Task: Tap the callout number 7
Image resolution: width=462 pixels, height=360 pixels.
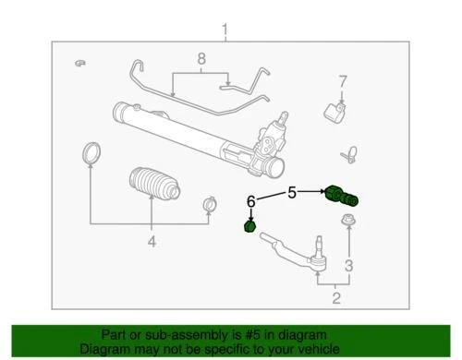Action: (x=341, y=80)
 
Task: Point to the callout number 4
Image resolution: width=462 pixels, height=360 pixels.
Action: (x=151, y=243)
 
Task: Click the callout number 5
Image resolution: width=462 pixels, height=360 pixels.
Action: (x=292, y=193)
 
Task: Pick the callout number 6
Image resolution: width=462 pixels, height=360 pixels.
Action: (x=249, y=199)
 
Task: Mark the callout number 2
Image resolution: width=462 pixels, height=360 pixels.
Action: (x=337, y=297)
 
